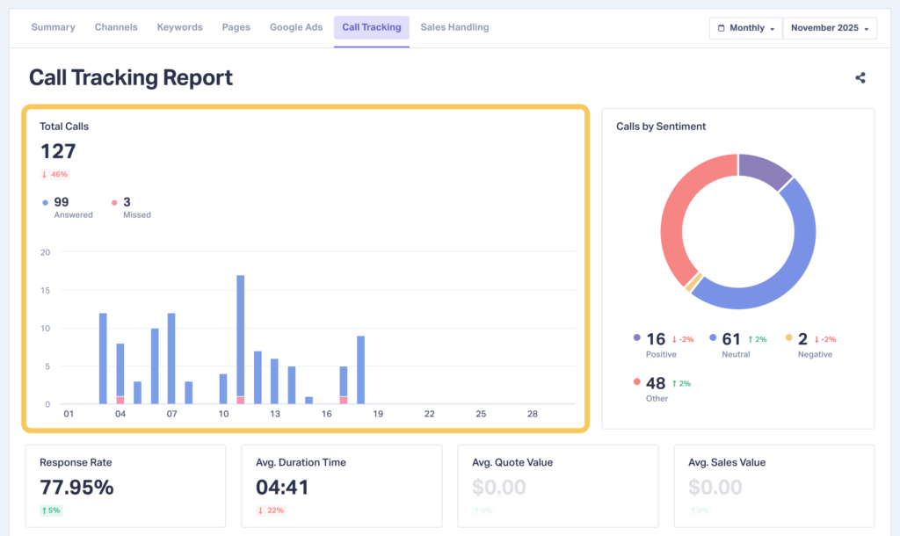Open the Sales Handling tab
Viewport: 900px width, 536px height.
pyautogui.click(x=454, y=27)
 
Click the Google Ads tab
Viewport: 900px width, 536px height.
pyautogui.click(x=296, y=27)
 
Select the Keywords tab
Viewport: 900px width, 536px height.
pyautogui.click(x=179, y=27)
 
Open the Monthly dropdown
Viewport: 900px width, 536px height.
pyautogui.click(x=745, y=28)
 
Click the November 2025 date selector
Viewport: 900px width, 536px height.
pyautogui.click(x=830, y=28)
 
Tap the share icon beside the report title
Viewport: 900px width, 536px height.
pyautogui.click(x=860, y=77)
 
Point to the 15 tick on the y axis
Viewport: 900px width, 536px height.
pyautogui.click(x=45, y=291)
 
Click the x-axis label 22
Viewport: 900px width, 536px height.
pyautogui.click(x=429, y=414)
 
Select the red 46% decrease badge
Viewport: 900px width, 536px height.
pyautogui.click(x=54, y=175)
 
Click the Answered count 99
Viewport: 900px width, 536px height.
pyautogui.click(x=62, y=202)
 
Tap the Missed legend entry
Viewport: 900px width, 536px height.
pyautogui.click(x=132, y=207)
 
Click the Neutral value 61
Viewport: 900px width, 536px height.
pyautogui.click(x=730, y=339)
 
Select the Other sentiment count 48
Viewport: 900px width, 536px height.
pyautogui.click(x=656, y=383)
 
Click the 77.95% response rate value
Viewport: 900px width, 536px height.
pyautogui.click(x=76, y=487)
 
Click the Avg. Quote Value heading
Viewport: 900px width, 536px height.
pyautogui.click(x=512, y=462)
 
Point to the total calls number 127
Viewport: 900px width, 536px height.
pyautogui.click(x=58, y=151)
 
